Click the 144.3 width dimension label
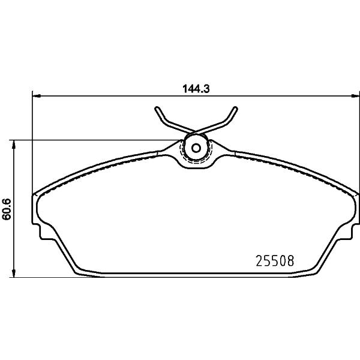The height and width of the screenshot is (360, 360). (x=196, y=89)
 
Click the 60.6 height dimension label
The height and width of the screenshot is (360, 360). (x=7, y=209)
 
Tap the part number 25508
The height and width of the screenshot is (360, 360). (x=275, y=261)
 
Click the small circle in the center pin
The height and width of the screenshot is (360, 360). (x=196, y=148)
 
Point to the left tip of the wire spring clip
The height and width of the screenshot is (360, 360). (x=157, y=108)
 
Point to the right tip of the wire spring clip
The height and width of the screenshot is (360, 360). (x=235, y=108)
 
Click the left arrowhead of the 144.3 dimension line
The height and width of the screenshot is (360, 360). (x=36, y=96)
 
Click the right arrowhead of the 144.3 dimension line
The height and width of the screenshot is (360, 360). (x=355, y=96)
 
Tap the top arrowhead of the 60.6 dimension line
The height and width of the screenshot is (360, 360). (x=14, y=144)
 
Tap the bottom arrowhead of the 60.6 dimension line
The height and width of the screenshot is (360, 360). (x=14, y=273)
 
